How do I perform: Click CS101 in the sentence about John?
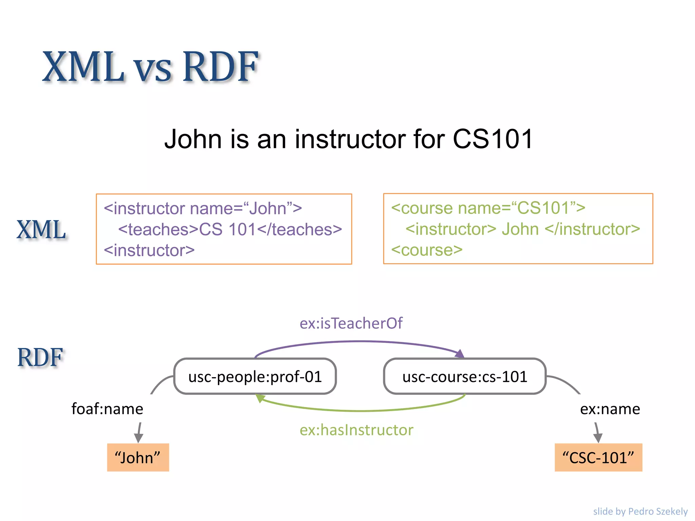pyautogui.click(x=493, y=139)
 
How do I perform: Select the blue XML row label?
pyautogui.click(x=41, y=230)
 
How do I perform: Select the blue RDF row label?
pyautogui.click(x=40, y=358)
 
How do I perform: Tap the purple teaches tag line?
pyautogui.click(x=230, y=229)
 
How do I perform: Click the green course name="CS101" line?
pyautogui.click(x=488, y=208)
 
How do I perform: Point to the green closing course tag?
pyautogui.click(x=427, y=250)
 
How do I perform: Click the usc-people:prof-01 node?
pyautogui.click(x=255, y=377)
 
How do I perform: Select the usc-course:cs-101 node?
pyautogui.click(x=465, y=377)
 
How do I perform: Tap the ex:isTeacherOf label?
pyautogui.click(x=351, y=323)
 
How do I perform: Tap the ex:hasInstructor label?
pyautogui.click(x=356, y=430)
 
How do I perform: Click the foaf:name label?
pyautogui.click(x=107, y=409)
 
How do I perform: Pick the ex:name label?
pyautogui.click(x=610, y=409)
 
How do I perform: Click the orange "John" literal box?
pyautogui.click(x=138, y=458)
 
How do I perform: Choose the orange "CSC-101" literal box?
pyautogui.click(x=598, y=458)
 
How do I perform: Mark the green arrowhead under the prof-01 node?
pyautogui.click(x=260, y=398)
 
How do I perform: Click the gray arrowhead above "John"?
pyautogui.click(x=138, y=438)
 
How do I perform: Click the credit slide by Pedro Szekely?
pyautogui.click(x=640, y=511)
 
